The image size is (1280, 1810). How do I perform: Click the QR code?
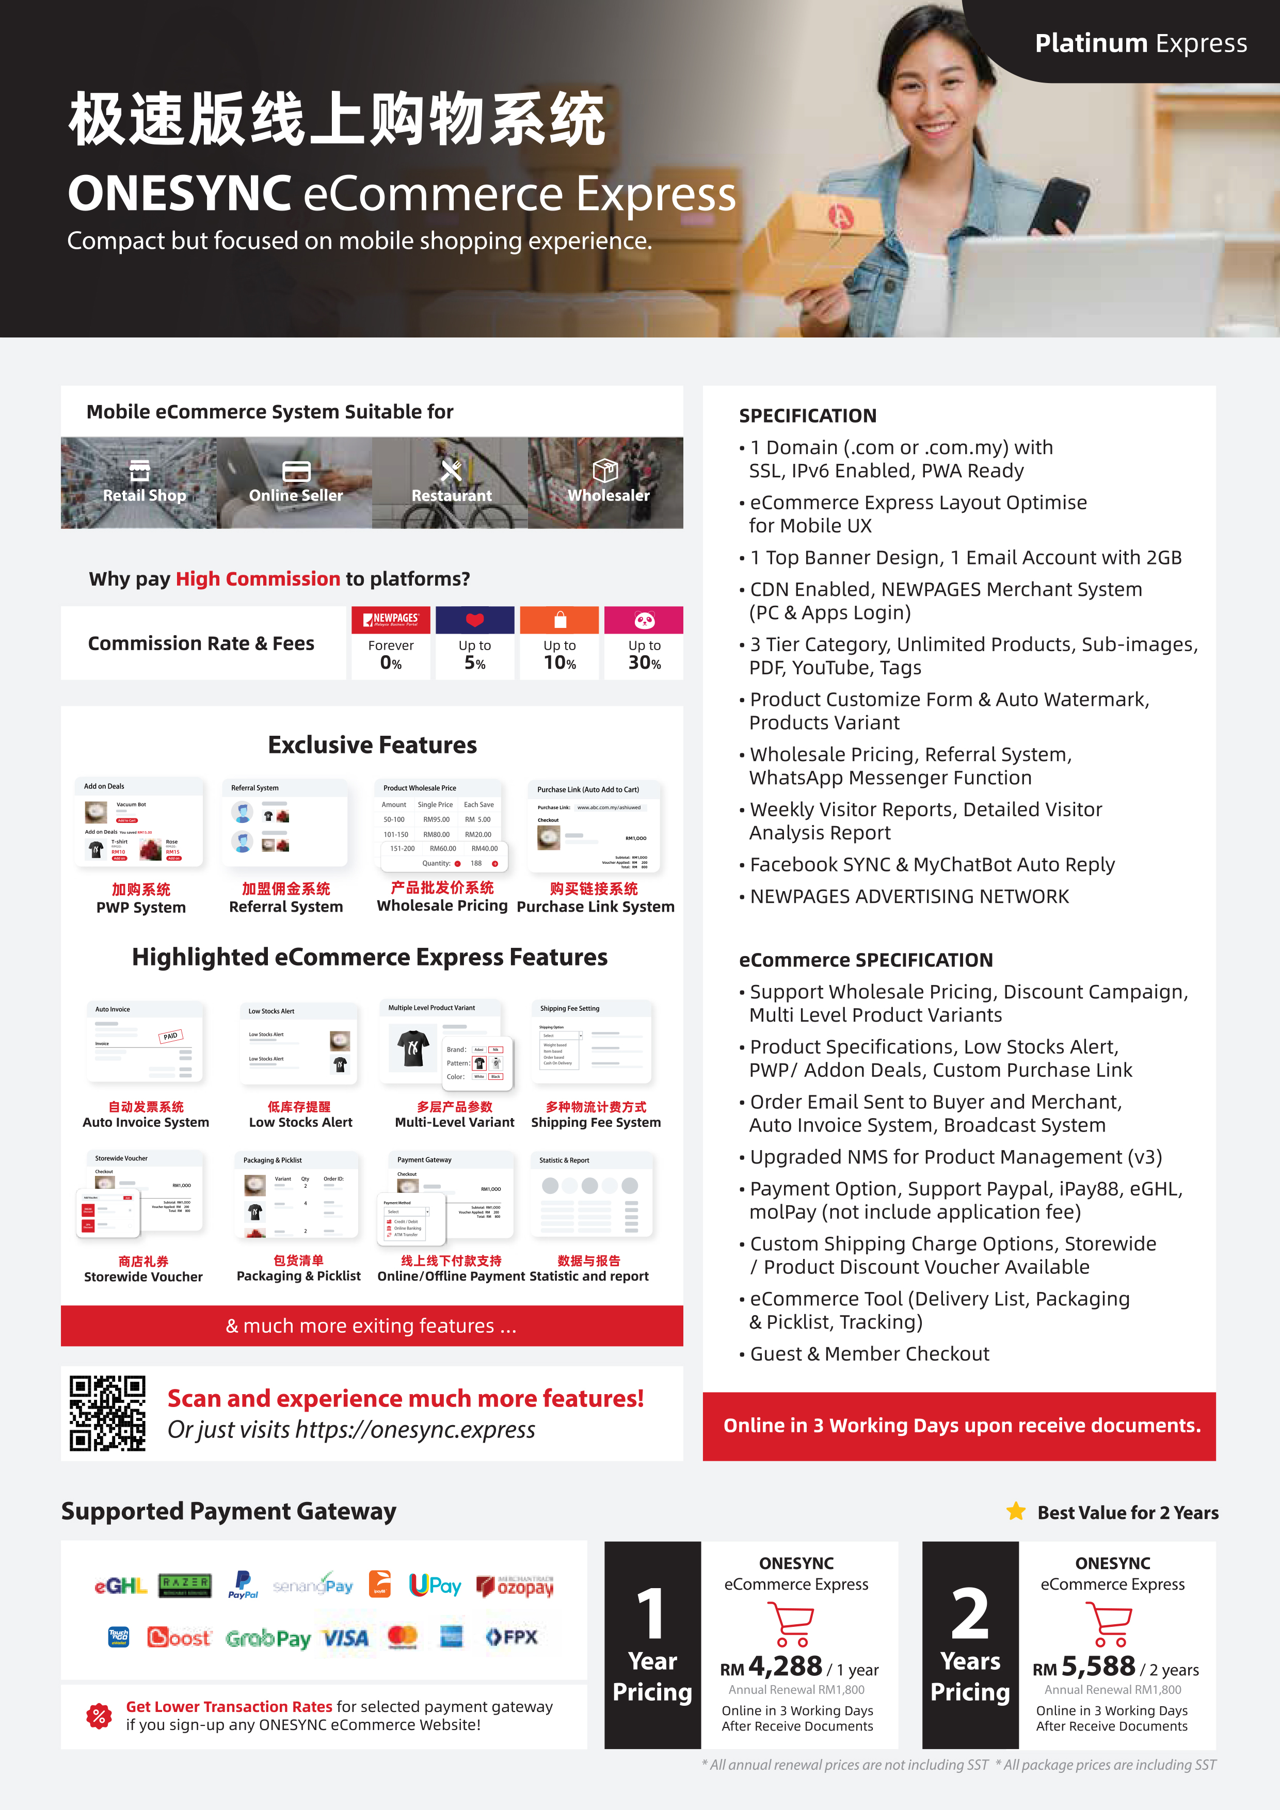[x=107, y=1413]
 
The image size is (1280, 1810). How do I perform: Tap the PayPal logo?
[x=243, y=1585]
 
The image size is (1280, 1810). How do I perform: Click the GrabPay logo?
[x=268, y=1639]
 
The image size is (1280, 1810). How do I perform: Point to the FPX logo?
[x=511, y=1637]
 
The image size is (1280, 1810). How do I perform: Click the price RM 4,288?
[x=772, y=1667]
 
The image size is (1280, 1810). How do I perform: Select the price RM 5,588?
[x=1085, y=1667]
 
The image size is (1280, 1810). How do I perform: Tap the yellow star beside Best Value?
[x=1016, y=1511]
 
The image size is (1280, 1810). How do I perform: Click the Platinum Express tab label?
[x=1141, y=43]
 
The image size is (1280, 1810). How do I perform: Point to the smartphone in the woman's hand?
[x=1061, y=201]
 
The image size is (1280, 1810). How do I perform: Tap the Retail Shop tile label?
[x=145, y=495]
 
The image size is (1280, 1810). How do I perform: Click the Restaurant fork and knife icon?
[x=451, y=470]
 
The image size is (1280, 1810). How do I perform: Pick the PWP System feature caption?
[x=141, y=908]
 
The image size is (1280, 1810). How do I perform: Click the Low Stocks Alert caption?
[x=300, y=1122]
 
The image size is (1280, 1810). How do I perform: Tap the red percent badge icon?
[x=99, y=1716]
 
